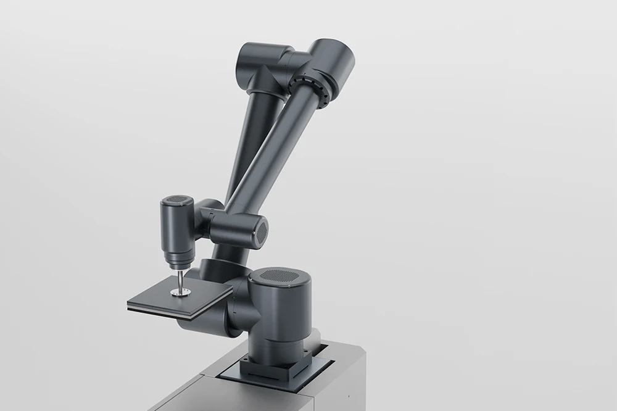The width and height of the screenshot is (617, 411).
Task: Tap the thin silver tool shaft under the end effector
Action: (180, 281)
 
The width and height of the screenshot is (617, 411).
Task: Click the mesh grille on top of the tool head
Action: (176, 201)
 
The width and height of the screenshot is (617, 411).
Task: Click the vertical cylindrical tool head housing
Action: (176, 225)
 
